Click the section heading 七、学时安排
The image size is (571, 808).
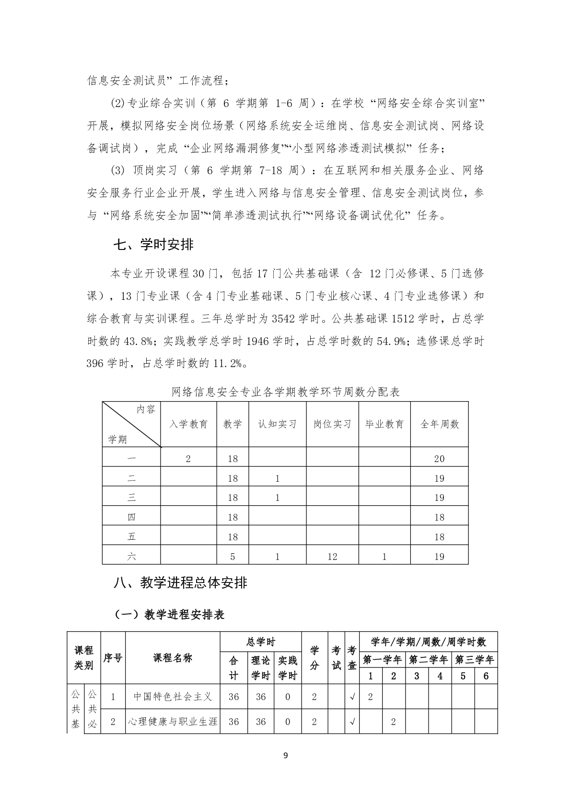pyautogui.click(x=153, y=245)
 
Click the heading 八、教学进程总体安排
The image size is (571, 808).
pyautogui.click(x=180, y=582)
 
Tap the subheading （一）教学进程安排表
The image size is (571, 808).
pyautogui.click(x=170, y=615)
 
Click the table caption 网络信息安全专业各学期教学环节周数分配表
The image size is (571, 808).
pyautogui.click(x=285, y=392)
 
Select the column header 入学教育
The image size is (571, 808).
pyautogui.click(x=188, y=424)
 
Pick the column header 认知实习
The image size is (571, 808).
pyautogui.click(x=277, y=424)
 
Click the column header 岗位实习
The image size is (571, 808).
pyautogui.click(x=332, y=424)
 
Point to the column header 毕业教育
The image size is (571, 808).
pyautogui.click(x=384, y=424)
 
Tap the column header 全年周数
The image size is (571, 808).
pyautogui.click(x=439, y=424)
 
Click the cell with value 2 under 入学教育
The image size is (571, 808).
pyautogui.click(x=188, y=459)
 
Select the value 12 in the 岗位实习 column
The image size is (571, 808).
pyautogui.click(x=332, y=557)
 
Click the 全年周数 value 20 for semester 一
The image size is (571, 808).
pyautogui.click(x=439, y=459)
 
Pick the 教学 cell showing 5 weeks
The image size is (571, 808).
pyautogui.click(x=233, y=557)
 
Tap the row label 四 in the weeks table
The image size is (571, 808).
pyautogui.click(x=131, y=517)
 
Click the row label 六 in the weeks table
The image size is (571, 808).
pyautogui.click(x=131, y=557)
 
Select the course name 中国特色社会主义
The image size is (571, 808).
pyautogui.click(x=173, y=696)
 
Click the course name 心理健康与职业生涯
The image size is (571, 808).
pyautogui.click(x=173, y=722)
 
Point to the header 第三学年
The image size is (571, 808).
pyautogui.click(x=474, y=660)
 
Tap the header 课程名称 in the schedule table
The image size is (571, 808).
pyautogui.click(x=173, y=658)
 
